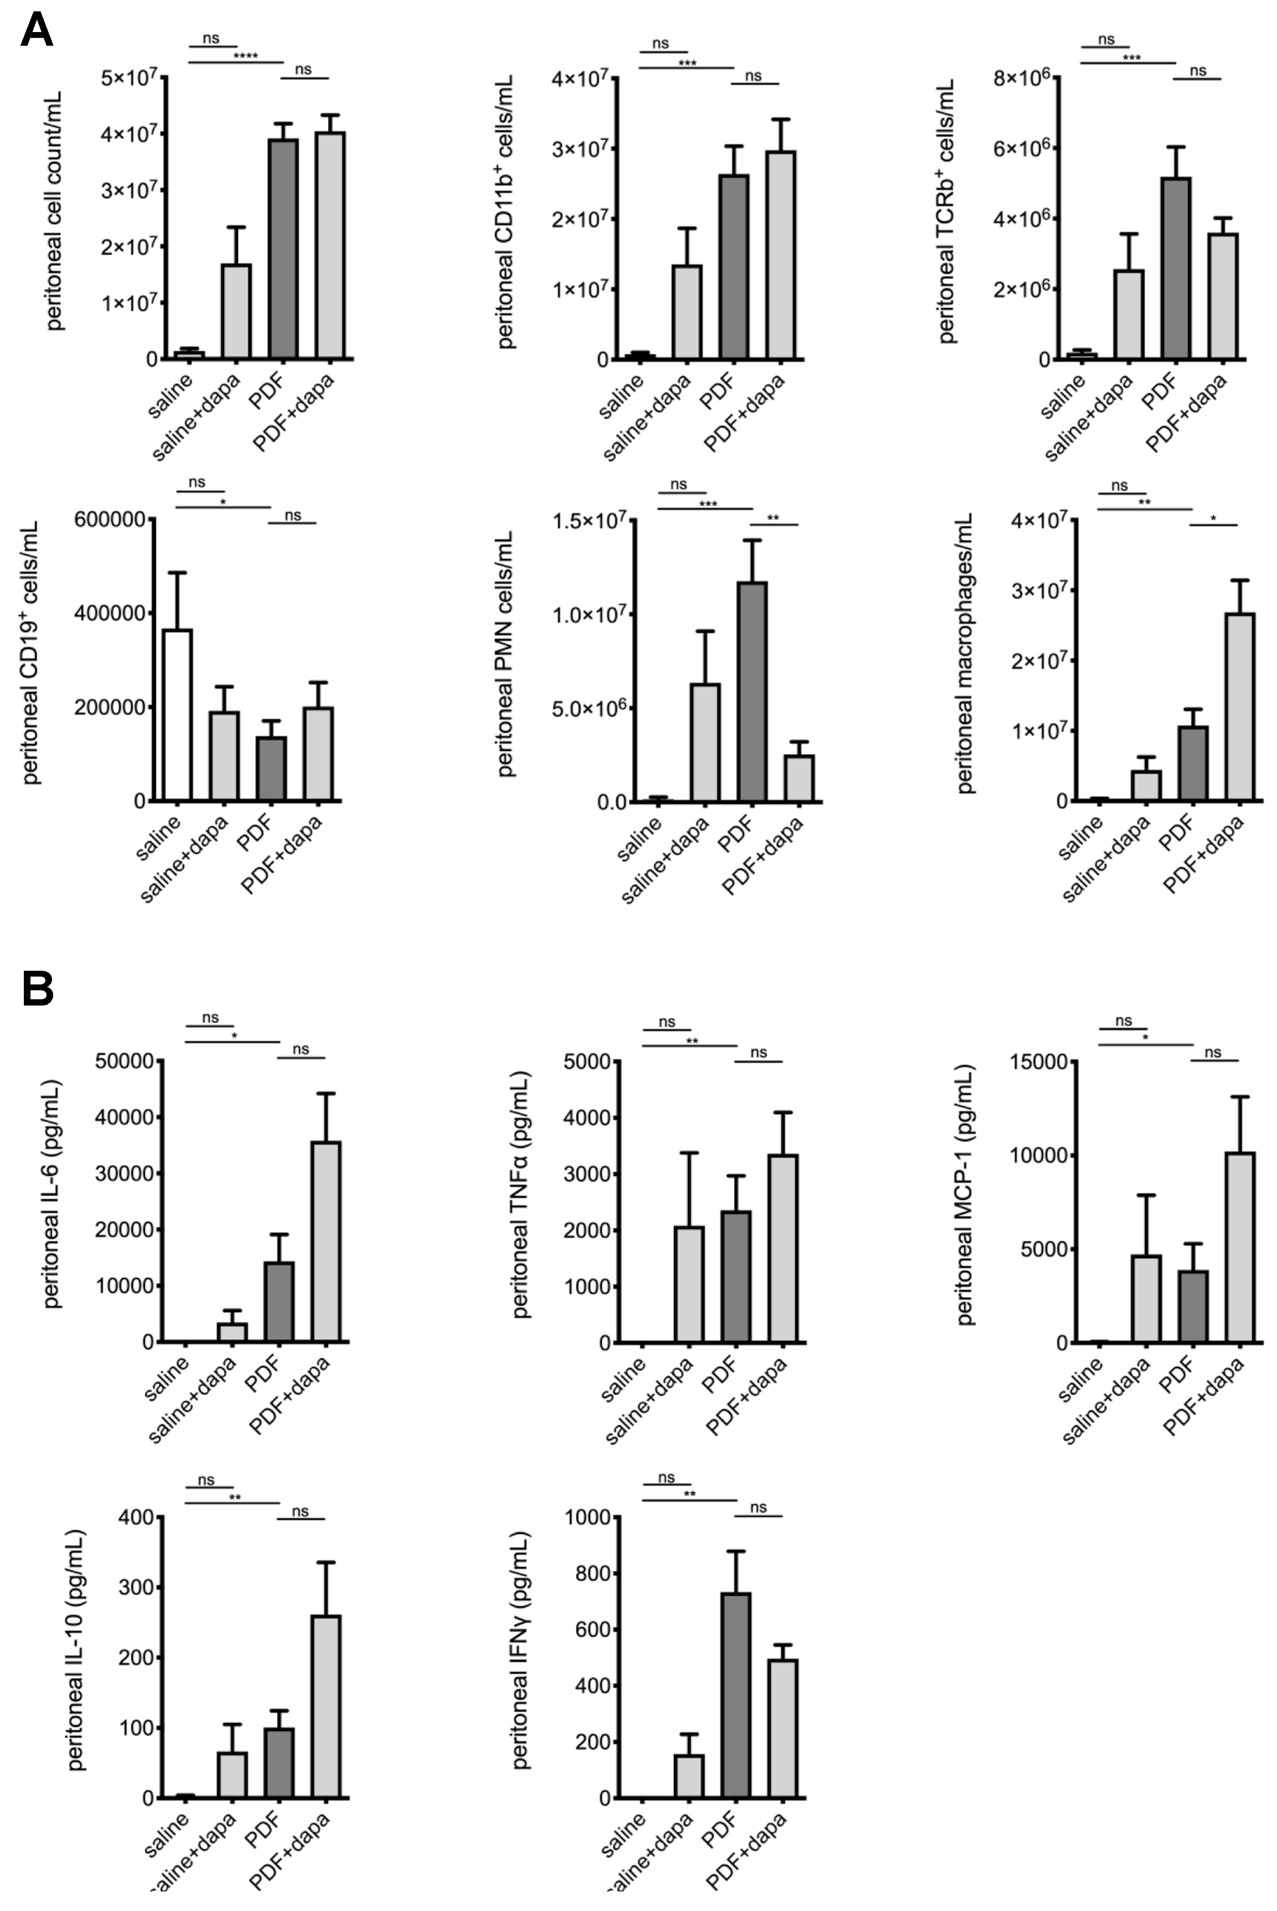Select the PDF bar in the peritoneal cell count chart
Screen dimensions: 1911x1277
coord(283,248)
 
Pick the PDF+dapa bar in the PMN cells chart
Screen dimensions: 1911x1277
coord(799,778)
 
